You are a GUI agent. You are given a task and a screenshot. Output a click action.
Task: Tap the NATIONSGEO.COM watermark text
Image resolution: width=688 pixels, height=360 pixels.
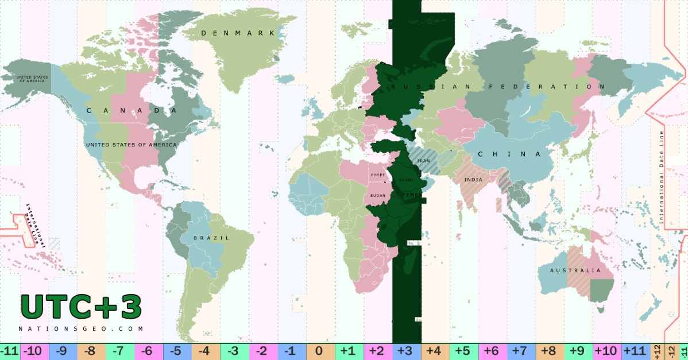(81, 329)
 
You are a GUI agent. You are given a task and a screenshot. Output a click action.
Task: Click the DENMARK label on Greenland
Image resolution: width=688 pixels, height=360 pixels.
(238, 33)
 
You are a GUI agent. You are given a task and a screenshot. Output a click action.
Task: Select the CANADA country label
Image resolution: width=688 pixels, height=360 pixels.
(131, 110)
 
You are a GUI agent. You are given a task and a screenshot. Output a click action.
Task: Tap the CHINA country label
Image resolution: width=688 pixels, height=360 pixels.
(510, 154)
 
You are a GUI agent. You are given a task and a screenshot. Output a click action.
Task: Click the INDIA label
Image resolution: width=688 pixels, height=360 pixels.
(473, 179)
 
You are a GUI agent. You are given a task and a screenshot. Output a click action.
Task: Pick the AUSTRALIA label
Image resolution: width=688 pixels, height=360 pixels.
(575, 270)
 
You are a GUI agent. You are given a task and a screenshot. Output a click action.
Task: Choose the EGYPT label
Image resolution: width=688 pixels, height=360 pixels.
(377, 175)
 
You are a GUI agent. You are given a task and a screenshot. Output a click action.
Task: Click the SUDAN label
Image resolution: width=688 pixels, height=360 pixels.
(378, 195)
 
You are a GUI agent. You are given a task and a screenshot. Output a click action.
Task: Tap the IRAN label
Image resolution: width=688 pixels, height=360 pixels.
(424, 161)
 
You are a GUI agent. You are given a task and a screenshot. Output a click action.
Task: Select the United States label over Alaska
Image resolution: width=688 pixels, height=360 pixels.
(32, 79)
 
